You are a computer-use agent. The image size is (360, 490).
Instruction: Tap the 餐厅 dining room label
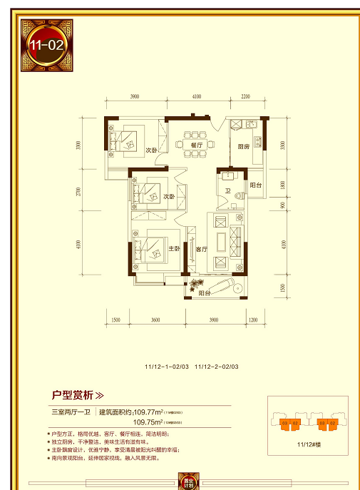pos(197,144)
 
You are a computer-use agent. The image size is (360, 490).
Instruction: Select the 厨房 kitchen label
pos(243,148)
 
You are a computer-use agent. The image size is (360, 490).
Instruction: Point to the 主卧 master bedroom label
pos(173,249)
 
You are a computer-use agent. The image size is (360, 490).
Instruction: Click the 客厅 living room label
pos(200,250)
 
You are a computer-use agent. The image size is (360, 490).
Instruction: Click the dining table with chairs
pos(192,133)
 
